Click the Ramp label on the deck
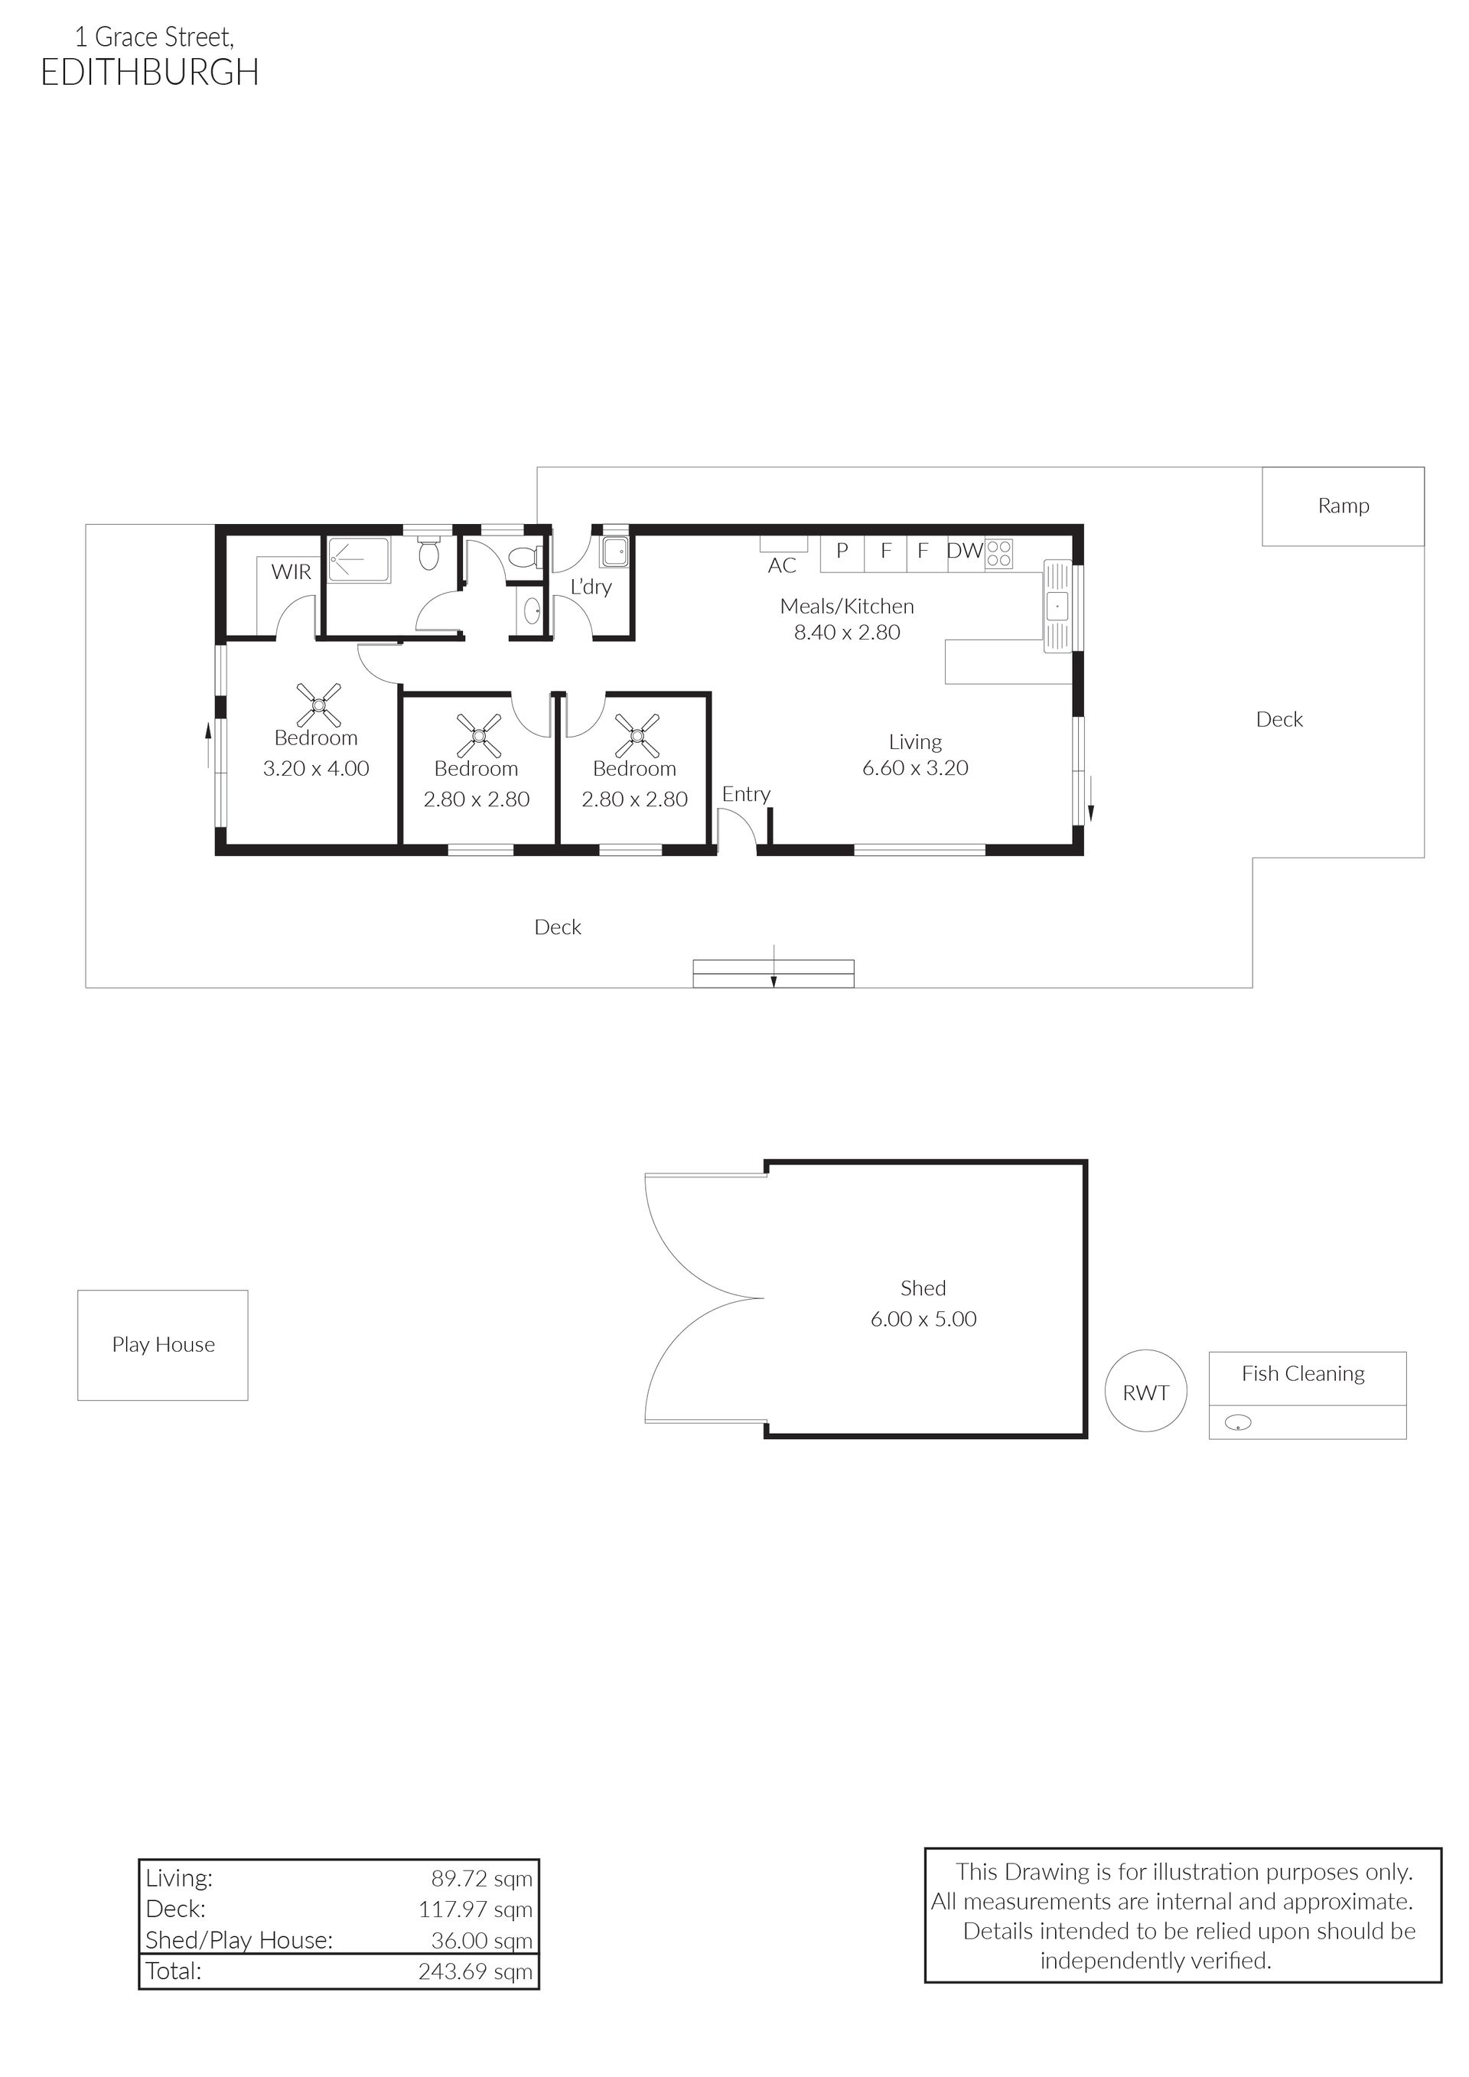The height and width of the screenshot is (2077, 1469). pos(1344,506)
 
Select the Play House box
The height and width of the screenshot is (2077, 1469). pos(163,1345)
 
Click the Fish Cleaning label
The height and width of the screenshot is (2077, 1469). pos(1302,1373)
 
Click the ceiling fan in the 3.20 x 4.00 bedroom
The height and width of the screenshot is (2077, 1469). pos(319,704)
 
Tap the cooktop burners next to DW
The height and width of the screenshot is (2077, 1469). pos(999,554)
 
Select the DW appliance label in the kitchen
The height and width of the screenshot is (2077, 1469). pos(965,551)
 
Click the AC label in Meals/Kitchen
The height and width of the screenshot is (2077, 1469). pos(783,566)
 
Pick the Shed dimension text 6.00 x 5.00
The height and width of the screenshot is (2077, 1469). pos(923,1319)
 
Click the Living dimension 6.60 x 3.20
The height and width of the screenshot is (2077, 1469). pos(915,768)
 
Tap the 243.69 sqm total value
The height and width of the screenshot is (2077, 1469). pos(476,1971)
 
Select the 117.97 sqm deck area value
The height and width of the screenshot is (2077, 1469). pos(476,1909)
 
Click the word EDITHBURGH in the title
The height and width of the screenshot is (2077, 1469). pos(150,73)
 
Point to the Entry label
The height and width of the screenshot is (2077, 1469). pos(746,794)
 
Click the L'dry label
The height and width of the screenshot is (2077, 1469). pos(591,587)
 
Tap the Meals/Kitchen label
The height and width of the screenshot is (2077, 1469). pos(848,606)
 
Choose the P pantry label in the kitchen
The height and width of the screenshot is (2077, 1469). pos(842,550)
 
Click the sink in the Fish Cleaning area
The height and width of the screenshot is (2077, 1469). pos(1237,1423)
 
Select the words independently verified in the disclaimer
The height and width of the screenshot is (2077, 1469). pos(1156,1960)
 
